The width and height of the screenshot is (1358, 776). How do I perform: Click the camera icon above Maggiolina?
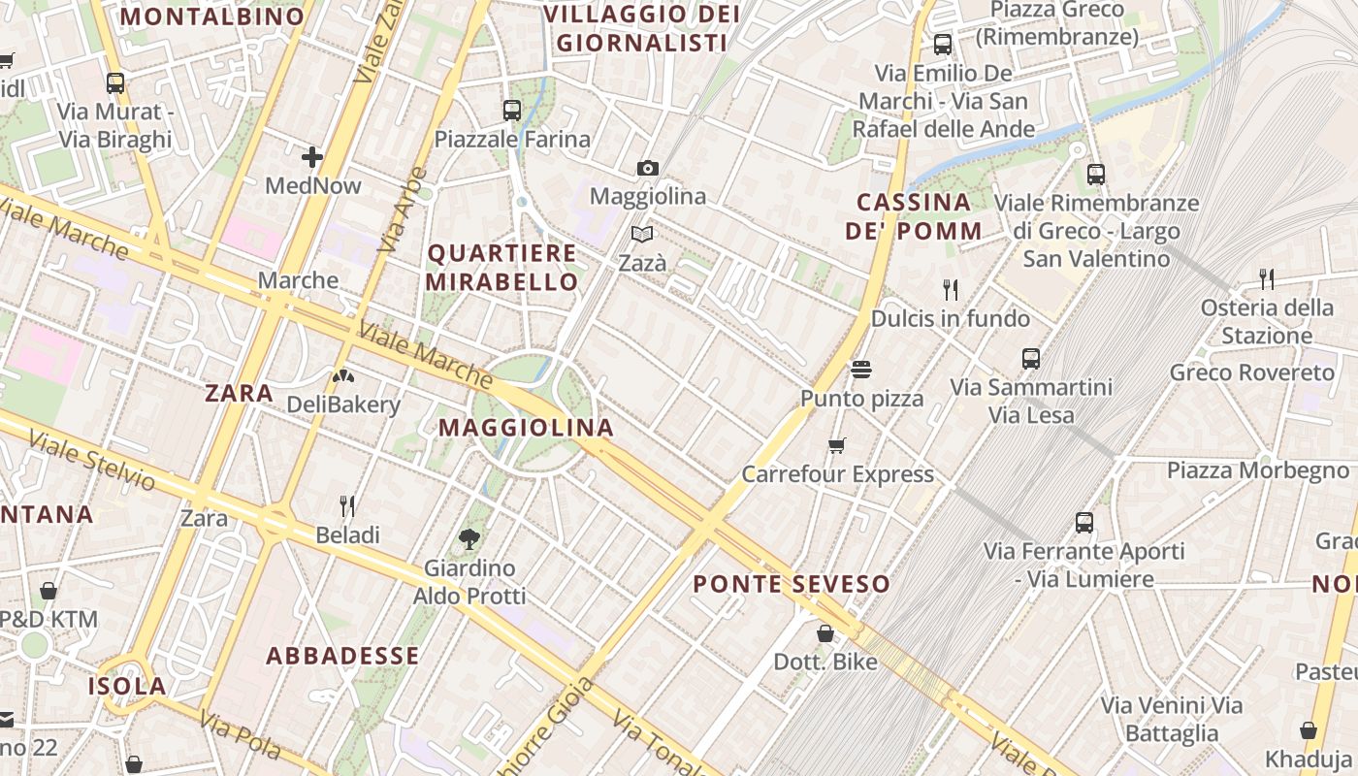[648, 168]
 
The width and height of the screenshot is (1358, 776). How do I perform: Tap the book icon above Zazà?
[642, 234]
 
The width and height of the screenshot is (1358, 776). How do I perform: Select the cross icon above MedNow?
[312, 156]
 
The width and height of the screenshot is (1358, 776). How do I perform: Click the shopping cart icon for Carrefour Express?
[837, 445]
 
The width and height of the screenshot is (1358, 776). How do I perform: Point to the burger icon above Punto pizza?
[861, 370]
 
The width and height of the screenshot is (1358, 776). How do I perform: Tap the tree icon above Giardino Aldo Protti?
[469, 538]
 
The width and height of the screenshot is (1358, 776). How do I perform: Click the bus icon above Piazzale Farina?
[512, 111]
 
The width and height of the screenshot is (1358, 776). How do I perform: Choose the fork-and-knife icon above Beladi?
[347, 505]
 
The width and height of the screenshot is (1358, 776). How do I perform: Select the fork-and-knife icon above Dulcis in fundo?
[951, 289]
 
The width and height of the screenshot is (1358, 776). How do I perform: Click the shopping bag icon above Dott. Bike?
[825, 633]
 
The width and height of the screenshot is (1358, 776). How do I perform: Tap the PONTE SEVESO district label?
[792, 584]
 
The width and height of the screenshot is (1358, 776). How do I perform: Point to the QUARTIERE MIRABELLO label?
[502, 268]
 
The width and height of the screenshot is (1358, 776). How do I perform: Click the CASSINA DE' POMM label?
[914, 216]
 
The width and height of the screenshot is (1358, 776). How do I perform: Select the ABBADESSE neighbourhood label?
[343, 656]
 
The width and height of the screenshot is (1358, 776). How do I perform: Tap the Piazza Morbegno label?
[1257, 470]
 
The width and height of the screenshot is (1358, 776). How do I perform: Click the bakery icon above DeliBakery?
[343, 375]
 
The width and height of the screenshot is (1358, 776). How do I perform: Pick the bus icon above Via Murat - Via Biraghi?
[115, 83]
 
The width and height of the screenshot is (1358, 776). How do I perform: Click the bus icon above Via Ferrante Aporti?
[1084, 523]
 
